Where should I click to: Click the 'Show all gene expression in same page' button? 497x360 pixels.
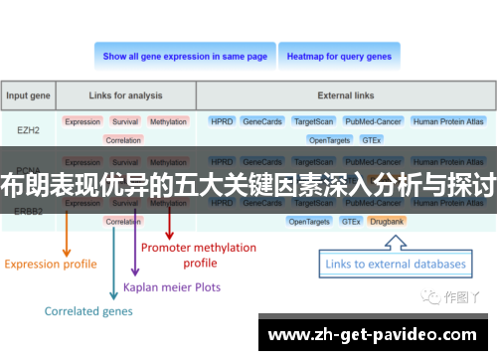tap(185, 57)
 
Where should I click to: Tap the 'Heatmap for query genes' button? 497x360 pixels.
tap(339, 57)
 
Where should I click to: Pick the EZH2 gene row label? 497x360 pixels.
tap(29, 128)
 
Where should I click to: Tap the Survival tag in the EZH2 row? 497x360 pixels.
tap(125, 121)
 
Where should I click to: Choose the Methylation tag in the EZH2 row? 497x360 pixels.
tap(168, 121)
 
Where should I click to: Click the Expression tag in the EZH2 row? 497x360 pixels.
tap(83, 121)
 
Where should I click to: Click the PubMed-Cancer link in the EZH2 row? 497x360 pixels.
tap(372, 121)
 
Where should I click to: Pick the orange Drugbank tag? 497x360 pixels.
tap(386, 221)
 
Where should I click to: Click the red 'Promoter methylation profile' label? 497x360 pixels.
tap(199, 256)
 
